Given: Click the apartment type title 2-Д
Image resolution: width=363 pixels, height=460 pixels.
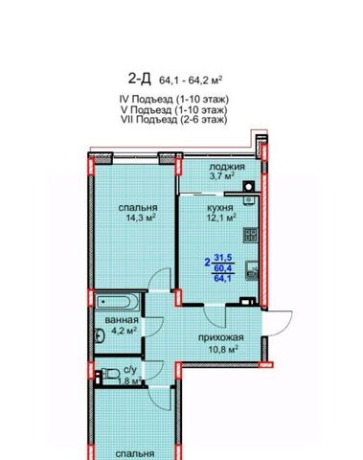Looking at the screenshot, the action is tap(139, 79).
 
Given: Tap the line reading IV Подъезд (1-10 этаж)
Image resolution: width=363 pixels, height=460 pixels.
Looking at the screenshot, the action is tap(174, 100).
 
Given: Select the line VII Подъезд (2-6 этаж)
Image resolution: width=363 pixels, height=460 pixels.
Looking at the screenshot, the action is tap(174, 120).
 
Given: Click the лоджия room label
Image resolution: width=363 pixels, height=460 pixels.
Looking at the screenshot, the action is tap(227, 167).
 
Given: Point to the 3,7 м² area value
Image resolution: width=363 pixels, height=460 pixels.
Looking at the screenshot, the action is tap(222, 176).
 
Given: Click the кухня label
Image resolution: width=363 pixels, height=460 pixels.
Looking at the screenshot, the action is tap(220, 208).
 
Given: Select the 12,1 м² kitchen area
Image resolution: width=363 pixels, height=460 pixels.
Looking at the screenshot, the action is tap(221, 218).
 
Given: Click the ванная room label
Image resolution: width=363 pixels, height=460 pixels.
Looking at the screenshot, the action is tap(122, 320).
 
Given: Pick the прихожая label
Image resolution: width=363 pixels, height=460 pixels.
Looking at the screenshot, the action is tap(221, 338).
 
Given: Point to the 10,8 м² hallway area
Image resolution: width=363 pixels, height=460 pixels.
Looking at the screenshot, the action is tap(224, 349).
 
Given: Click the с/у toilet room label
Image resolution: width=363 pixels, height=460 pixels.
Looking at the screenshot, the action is tap(130, 371).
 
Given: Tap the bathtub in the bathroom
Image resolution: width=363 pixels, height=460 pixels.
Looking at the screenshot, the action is tap(117, 301).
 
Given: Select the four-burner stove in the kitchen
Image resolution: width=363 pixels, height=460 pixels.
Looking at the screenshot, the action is tap(251, 235).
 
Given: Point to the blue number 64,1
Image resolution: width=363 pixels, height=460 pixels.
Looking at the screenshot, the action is tap(222, 278).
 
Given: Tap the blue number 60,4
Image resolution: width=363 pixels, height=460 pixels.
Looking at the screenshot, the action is tap(223, 267).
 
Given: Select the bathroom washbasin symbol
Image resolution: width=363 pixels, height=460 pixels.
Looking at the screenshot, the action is tap(100, 335).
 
